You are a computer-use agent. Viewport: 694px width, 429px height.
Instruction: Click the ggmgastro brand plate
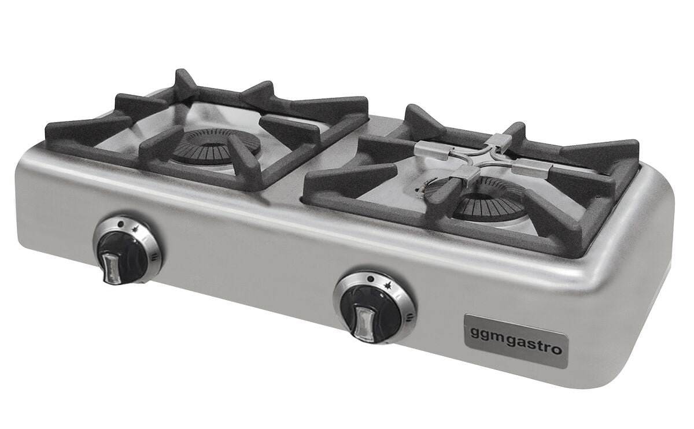click(x=516, y=341)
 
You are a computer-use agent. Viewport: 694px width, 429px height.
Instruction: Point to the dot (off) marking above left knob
click(x=120, y=224)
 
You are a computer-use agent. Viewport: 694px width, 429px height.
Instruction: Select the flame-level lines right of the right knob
click(x=410, y=317)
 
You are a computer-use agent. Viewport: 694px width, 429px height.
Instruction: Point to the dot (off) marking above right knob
click(x=371, y=279)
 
